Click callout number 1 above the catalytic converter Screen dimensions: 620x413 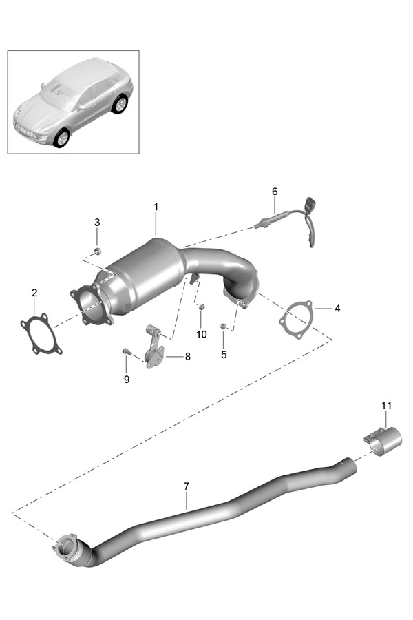(x=156, y=207)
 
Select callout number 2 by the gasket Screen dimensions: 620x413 (x=34, y=293)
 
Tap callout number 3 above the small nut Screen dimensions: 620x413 (x=97, y=222)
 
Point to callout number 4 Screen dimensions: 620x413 (x=337, y=309)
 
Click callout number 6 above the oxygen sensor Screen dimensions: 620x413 (x=274, y=191)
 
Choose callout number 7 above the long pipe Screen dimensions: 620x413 (x=186, y=486)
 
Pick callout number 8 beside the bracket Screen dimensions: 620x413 (x=188, y=357)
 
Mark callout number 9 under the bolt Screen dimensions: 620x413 (x=126, y=379)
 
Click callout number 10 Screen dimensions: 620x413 (x=201, y=334)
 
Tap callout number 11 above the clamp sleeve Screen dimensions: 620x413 (x=386, y=404)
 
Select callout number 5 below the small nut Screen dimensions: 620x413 (x=223, y=355)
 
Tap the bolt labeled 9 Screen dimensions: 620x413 (x=127, y=352)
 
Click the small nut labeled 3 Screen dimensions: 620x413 (x=97, y=251)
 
